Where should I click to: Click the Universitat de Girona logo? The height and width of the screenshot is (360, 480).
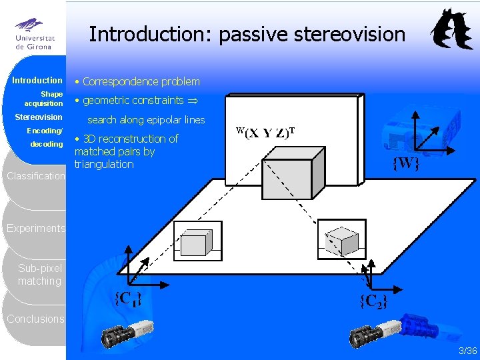(x=33, y=33)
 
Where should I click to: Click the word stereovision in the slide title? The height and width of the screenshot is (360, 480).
(x=347, y=34)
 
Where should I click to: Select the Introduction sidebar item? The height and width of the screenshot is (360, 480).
(x=37, y=81)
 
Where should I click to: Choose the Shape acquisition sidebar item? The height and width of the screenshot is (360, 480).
(x=45, y=99)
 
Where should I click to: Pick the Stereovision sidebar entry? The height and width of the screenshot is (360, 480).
(x=39, y=117)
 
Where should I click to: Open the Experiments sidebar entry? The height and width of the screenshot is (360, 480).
(x=36, y=228)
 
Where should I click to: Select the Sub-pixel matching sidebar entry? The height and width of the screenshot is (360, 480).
(x=40, y=275)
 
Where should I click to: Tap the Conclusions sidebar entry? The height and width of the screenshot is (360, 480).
(x=36, y=319)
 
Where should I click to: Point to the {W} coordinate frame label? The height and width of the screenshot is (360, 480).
(x=405, y=163)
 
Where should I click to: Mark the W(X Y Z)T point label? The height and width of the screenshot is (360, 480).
(x=266, y=132)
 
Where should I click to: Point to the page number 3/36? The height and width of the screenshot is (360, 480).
(x=467, y=351)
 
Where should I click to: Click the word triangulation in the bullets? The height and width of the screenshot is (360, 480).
(x=104, y=164)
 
